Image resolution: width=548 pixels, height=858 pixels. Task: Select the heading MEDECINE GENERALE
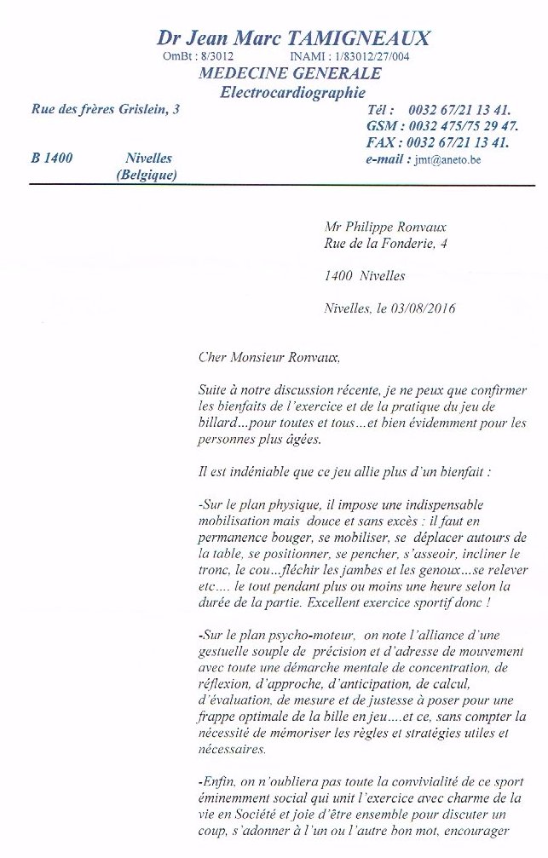[x=289, y=74]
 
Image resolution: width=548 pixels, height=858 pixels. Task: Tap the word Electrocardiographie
[x=292, y=92]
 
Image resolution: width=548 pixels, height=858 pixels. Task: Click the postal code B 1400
[x=51, y=158]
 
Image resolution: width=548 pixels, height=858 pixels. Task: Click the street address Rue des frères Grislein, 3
[x=105, y=109]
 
